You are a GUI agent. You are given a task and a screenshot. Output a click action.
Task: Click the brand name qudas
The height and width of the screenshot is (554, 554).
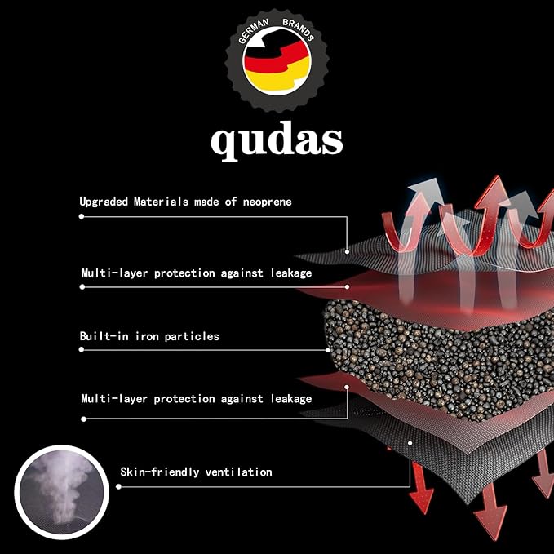pyautogui.click(x=277, y=141)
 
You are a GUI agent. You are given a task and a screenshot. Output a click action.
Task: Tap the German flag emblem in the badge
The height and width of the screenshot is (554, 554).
pyautogui.click(x=277, y=62)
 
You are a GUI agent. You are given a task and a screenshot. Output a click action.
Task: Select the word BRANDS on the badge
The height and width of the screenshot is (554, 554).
pyautogui.click(x=298, y=29)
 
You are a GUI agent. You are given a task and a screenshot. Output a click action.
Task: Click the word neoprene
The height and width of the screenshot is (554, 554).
pyautogui.click(x=268, y=202)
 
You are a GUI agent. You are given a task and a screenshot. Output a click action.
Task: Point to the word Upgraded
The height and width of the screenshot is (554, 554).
pyautogui.click(x=104, y=202)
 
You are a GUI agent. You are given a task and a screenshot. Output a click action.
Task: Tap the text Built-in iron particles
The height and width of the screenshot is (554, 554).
pyautogui.click(x=149, y=336)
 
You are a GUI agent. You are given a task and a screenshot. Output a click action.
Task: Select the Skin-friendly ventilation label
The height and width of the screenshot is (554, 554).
pyautogui.click(x=196, y=472)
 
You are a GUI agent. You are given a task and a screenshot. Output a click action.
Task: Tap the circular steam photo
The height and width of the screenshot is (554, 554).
pyautogui.click(x=61, y=492)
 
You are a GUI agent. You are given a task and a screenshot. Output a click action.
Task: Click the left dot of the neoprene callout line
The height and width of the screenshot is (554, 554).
pyautogui.click(x=82, y=216)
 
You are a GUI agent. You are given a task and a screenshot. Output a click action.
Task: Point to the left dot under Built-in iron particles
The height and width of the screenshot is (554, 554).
pyautogui.click(x=82, y=350)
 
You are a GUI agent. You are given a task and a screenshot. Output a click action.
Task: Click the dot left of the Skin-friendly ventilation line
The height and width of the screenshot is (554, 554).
pyautogui.click(x=119, y=487)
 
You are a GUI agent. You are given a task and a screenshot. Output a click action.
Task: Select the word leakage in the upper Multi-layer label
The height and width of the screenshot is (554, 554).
pyautogui.click(x=291, y=273)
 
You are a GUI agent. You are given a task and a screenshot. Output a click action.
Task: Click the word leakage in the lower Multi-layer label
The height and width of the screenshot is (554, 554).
pyautogui.click(x=291, y=399)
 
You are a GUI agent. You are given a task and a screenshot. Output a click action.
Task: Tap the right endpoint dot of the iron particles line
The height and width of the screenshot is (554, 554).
pyautogui.click(x=328, y=350)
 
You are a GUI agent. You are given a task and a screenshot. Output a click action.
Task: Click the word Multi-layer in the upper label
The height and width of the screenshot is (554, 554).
pyautogui.click(x=114, y=273)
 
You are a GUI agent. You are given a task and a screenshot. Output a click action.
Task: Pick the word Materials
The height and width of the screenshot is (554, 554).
pyautogui.click(x=161, y=202)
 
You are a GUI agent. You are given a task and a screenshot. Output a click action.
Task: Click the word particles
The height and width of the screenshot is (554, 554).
pyautogui.click(x=192, y=336)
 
